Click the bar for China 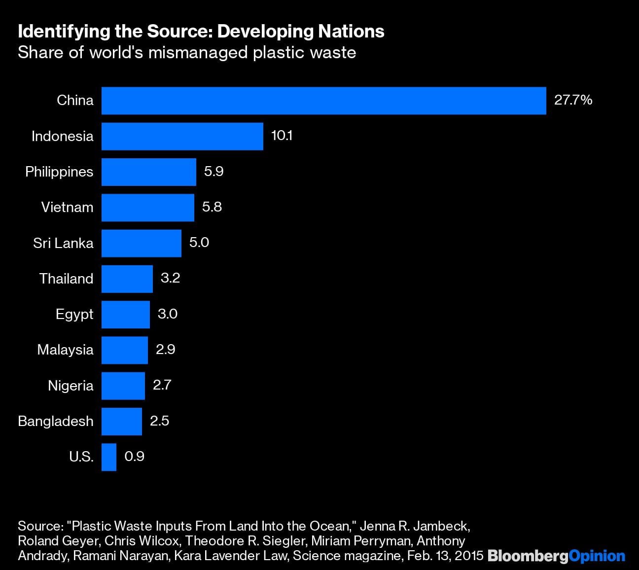point(323,101)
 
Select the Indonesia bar point(182,136)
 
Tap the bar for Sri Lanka point(141,243)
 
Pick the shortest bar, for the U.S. point(109,457)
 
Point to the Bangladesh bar point(122,422)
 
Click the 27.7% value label point(573,100)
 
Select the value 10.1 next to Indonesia point(282,136)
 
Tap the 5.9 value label point(213,171)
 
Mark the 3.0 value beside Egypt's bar point(167,314)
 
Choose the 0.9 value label point(134,456)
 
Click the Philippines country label point(59,172)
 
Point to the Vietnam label point(67,207)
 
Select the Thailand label point(66,279)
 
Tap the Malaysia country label point(65,350)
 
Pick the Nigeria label point(71,386)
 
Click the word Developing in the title point(265,32)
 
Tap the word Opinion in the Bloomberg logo point(597,556)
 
